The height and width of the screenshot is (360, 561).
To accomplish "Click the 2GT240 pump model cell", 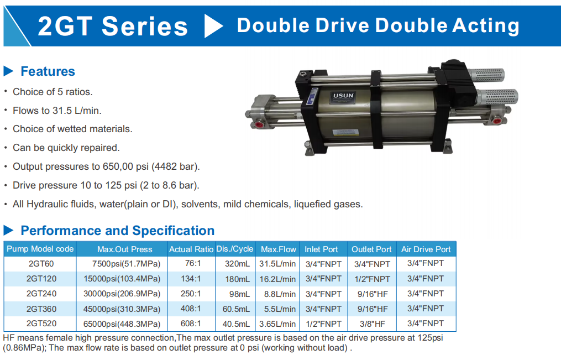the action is [41, 294].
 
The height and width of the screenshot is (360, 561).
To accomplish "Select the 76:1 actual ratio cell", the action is [193, 263].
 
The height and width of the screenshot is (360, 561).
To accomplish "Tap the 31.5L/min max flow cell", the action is [277, 264].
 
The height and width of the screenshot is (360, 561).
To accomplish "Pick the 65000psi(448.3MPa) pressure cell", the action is [122, 324].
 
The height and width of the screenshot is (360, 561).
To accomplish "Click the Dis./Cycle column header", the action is [235, 249].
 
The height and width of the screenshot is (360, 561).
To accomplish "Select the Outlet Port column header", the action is [371, 249].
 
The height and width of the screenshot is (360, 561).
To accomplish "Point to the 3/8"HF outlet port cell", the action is [373, 324].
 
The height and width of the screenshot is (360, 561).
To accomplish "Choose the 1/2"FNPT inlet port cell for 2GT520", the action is [323, 324].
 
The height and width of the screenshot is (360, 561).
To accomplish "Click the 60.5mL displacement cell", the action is [236, 309].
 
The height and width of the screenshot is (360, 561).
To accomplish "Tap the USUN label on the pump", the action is [343, 96].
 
